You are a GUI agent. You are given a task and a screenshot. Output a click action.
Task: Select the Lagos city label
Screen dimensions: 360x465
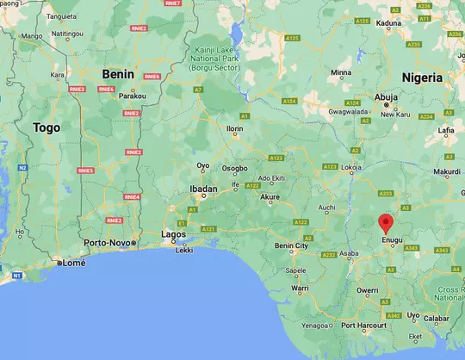click(173, 233)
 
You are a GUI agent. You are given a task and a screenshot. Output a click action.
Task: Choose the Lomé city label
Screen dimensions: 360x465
click(74, 263)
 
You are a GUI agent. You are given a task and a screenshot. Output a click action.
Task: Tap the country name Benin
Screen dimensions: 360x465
click(118, 74)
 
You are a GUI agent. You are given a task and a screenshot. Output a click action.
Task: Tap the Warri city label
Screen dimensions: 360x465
click(299, 287)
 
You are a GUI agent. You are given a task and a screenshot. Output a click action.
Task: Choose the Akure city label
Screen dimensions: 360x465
click(271, 196)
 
